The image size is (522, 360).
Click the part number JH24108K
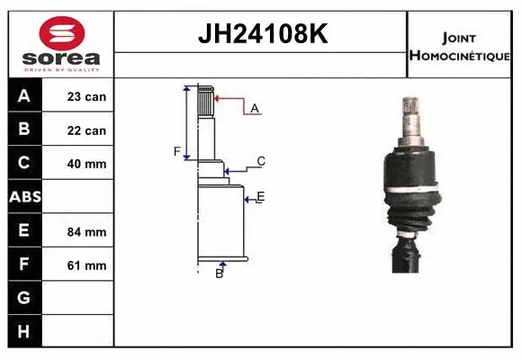point(261,35)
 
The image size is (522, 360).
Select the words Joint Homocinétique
point(460,46)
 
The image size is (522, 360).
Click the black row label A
point(24,96)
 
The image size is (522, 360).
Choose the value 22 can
point(86,130)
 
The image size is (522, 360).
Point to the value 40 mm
point(86,164)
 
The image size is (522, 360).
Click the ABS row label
point(24,197)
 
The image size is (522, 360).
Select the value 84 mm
point(86,231)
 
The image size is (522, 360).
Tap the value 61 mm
point(86,265)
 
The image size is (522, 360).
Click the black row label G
point(24,298)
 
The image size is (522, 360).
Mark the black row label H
point(24,331)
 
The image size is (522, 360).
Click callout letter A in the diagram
point(255,108)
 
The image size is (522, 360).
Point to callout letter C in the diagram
point(261,162)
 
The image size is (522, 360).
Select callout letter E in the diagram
point(260,196)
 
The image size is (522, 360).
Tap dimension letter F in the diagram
point(177,151)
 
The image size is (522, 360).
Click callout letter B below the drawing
point(219,274)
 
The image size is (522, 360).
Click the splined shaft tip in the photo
point(415,112)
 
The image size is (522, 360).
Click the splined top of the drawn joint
point(206,101)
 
